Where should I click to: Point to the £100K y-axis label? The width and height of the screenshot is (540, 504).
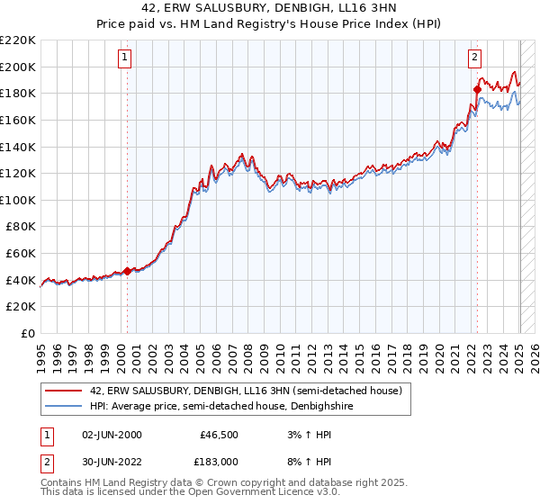(19, 200)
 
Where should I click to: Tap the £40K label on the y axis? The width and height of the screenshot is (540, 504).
(22, 280)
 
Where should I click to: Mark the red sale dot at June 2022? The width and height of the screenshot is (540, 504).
(477, 89)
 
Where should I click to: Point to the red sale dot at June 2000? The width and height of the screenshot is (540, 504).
(127, 270)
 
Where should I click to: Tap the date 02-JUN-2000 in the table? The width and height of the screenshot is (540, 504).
(112, 435)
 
